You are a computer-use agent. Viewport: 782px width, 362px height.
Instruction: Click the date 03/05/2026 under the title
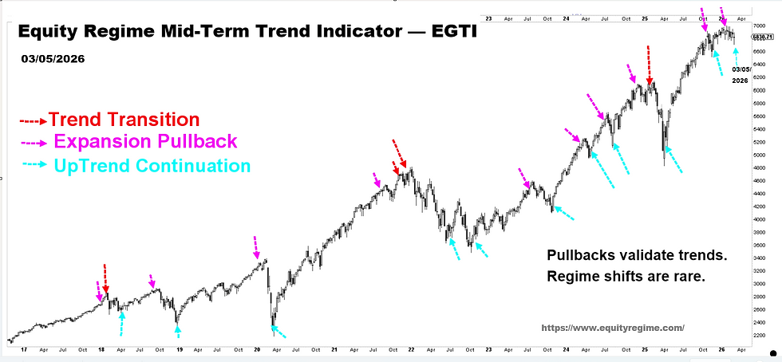coord(53,59)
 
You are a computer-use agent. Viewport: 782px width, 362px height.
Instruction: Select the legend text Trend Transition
coord(124,120)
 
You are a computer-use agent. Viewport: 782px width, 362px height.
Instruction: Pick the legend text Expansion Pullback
coord(145,142)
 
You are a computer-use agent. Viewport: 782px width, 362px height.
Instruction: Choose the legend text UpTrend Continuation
coord(152,166)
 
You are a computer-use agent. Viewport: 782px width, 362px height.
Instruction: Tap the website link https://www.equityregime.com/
coord(613,328)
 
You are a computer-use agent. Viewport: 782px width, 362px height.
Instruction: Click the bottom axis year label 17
coord(14,348)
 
